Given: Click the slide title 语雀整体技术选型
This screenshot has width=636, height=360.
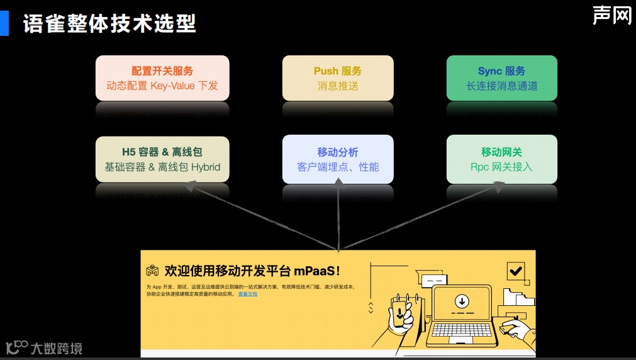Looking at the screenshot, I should [x=109, y=23].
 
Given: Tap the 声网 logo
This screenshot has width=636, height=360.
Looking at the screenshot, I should [x=611, y=15].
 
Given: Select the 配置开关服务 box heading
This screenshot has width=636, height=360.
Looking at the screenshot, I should [x=162, y=71].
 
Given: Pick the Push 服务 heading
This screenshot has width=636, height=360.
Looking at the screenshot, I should [x=338, y=71].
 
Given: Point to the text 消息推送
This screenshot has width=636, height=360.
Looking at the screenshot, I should [x=338, y=86].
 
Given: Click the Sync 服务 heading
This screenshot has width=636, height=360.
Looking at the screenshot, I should [x=501, y=71].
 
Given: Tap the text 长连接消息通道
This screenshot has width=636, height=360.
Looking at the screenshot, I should [x=501, y=86].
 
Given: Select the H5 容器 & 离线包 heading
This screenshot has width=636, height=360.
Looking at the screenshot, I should [x=162, y=152].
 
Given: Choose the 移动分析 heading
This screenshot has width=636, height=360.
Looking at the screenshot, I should [x=338, y=152].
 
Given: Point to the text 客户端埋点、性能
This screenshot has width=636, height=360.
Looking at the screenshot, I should [x=338, y=167].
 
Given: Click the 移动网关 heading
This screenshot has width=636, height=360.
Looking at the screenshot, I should [x=501, y=152].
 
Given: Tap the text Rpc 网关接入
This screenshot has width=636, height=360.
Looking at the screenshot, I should [x=501, y=167].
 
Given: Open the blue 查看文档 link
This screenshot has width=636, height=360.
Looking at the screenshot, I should [x=247, y=294].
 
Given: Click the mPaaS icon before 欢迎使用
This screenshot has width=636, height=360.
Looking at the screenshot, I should [x=152, y=271].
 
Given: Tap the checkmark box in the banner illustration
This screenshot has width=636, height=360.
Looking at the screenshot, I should [x=516, y=271].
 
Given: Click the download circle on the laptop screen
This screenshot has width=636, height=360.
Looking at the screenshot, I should [x=461, y=299].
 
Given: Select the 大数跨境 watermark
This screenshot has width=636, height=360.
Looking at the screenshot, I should [x=56, y=347].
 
